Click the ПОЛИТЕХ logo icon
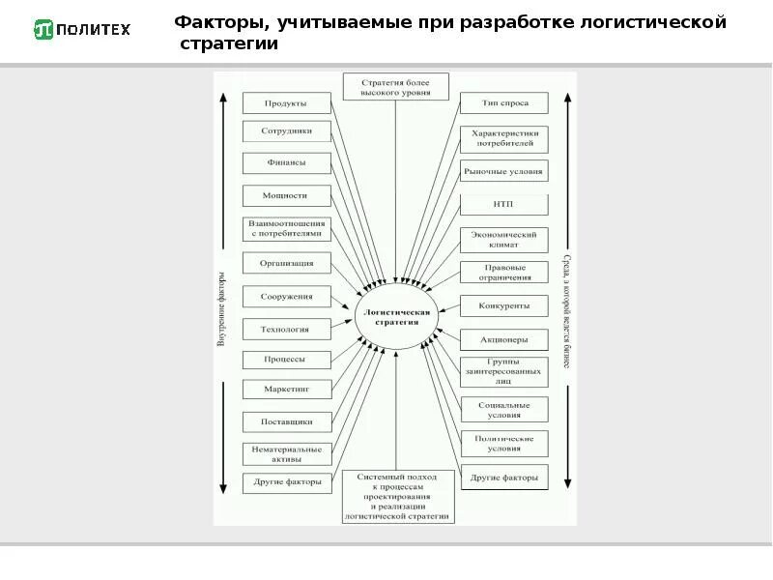click(43, 29)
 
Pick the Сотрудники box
click(286, 131)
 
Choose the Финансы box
click(286, 163)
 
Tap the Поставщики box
click(286, 421)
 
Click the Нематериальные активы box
click(286, 453)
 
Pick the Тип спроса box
click(503, 102)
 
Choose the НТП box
click(503, 205)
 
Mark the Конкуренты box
click(503, 306)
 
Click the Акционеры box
click(503, 339)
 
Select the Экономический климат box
click(503, 239)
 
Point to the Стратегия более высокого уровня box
click(396, 85)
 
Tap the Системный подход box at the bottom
click(396, 497)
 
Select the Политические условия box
click(503, 443)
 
